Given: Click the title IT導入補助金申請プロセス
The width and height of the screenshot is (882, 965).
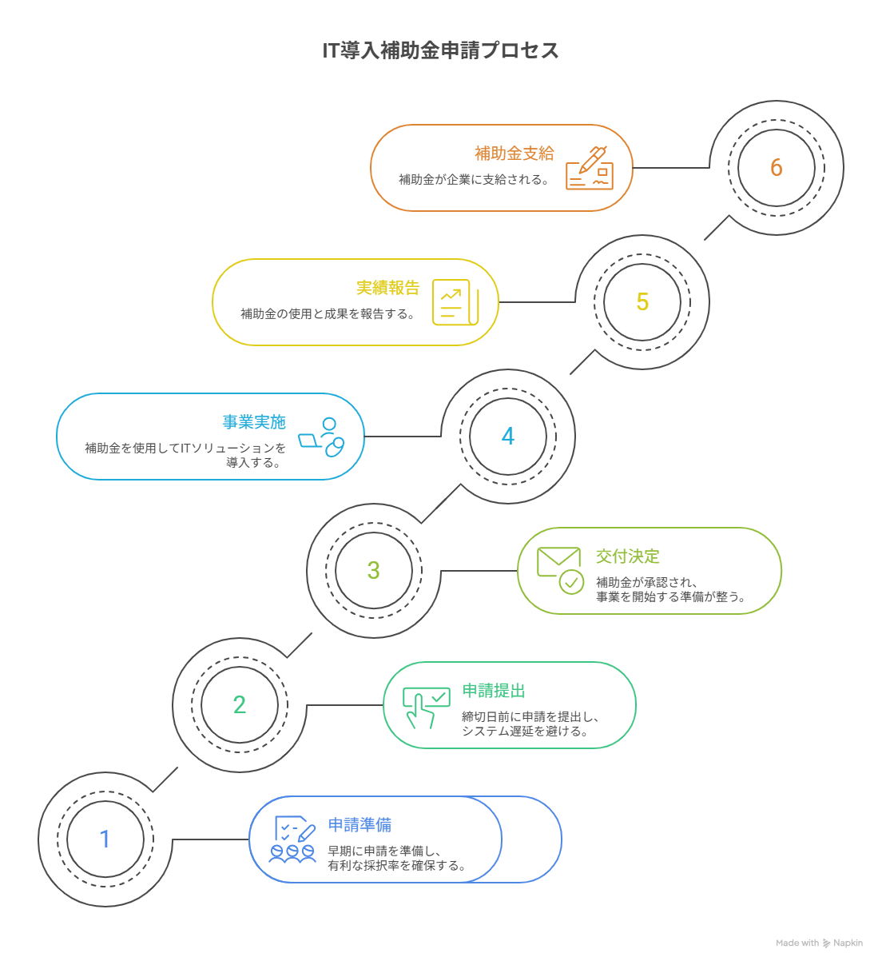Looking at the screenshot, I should pyautogui.click(x=440, y=50).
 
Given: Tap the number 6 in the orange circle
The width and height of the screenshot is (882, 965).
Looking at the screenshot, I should pyautogui.click(x=777, y=168).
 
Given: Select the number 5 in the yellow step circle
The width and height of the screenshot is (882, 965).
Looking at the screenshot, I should pyautogui.click(x=642, y=302).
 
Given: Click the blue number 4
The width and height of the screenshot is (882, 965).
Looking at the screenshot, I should pyautogui.click(x=508, y=437).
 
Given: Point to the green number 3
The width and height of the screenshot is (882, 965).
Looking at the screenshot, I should pyautogui.click(x=374, y=571).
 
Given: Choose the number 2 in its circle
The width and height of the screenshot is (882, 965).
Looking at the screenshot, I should pyautogui.click(x=240, y=705).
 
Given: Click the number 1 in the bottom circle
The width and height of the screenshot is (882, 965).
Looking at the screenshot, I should pyautogui.click(x=105, y=839).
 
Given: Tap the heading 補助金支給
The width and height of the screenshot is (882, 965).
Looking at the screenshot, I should pyautogui.click(x=514, y=154).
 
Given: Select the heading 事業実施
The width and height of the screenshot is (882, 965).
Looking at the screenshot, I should pyautogui.click(x=253, y=422).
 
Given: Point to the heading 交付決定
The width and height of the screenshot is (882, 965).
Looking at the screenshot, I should pyautogui.click(x=627, y=556).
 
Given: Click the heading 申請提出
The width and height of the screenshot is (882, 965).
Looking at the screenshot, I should pyautogui.click(x=493, y=691).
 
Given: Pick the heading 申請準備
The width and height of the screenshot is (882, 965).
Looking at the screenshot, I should pyautogui.click(x=359, y=825).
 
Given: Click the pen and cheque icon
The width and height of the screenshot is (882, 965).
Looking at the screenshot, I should pyautogui.click(x=589, y=168).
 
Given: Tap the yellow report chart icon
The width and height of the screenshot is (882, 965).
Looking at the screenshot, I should pyautogui.click(x=455, y=302).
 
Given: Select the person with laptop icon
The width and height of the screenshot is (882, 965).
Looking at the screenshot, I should pyautogui.click(x=322, y=437).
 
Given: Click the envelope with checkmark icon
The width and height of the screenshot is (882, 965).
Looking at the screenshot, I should pyautogui.click(x=560, y=570).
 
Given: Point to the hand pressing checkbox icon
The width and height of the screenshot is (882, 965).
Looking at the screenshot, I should pyautogui.click(x=425, y=707).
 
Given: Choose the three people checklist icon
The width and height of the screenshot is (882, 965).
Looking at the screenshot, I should pyautogui.click(x=292, y=839).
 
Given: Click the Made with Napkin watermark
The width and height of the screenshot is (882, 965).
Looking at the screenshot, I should pyautogui.click(x=819, y=943).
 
